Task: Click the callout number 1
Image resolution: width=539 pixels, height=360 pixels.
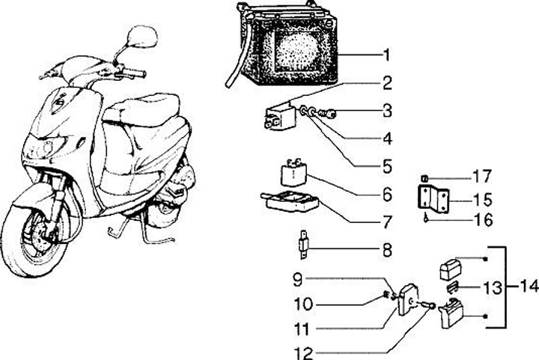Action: point(386,55)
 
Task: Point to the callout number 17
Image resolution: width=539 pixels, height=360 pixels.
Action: point(482,177)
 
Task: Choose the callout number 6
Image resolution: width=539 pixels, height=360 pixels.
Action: point(386,195)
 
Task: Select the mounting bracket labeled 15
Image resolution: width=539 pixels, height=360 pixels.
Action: point(433,200)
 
